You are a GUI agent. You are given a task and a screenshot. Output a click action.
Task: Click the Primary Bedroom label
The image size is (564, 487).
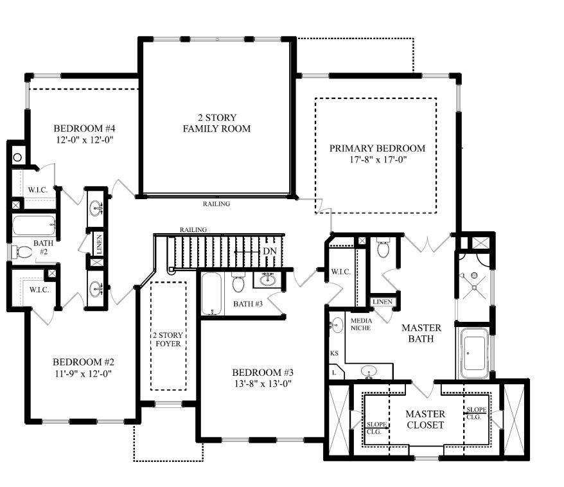(x=377, y=148)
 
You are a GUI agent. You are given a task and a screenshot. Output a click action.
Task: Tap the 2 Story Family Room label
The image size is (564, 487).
(x=216, y=123)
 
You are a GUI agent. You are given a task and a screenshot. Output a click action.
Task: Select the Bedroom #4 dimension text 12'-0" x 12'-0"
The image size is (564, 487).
(x=85, y=140)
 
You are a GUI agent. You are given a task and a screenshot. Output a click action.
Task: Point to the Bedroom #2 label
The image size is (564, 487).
(x=84, y=362)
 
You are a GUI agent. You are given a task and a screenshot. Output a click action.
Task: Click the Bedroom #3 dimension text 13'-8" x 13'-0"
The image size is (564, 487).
(x=263, y=384)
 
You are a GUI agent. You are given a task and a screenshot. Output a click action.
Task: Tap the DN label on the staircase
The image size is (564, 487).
(x=270, y=251)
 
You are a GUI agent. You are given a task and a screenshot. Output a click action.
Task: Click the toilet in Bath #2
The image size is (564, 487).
(x=21, y=252)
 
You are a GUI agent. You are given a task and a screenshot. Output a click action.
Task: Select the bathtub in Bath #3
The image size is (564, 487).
(x=211, y=294)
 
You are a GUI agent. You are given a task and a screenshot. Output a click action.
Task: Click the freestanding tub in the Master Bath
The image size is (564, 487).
(x=474, y=353)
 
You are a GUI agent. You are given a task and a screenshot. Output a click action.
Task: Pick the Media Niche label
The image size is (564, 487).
(x=361, y=324)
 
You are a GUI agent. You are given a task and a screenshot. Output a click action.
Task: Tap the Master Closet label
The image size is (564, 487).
(x=425, y=420)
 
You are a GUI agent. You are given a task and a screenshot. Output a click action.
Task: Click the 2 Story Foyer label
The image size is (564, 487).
(x=168, y=339)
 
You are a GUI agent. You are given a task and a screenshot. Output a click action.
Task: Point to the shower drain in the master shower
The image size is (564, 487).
(x=475, y=288)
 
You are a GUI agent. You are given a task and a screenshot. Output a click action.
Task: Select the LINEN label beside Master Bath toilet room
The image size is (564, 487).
(x=382, y=302)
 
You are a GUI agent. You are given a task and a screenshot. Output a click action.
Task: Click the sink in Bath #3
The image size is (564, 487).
(x=267, y=279)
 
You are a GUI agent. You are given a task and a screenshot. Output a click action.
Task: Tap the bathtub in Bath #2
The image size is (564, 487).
(x=34, y=225)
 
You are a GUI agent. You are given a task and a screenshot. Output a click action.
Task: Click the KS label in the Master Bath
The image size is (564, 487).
(x=334, y=353)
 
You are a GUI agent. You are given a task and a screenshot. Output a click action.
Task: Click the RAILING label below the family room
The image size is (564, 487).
(x=216, y=204)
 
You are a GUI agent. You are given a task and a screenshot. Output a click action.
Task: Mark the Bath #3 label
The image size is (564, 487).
(x=248, y=304)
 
